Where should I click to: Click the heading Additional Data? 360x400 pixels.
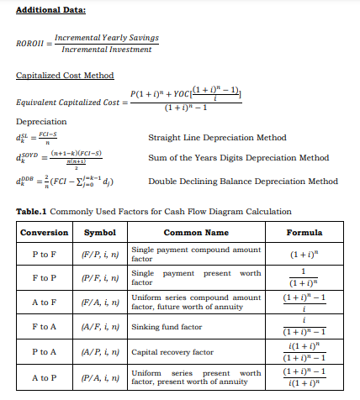[x=50, y=10]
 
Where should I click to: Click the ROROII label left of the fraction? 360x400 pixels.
[x=30, y=45]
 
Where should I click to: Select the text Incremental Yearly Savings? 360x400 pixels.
[x=106, y=39]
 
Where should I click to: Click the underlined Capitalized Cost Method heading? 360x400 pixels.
[x=65, y=76]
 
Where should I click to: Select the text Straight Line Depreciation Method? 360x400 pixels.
[x=216, y=137]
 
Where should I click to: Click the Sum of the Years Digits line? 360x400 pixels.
[x=238, y=157]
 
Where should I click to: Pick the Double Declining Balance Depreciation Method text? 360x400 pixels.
[x=242, y=181]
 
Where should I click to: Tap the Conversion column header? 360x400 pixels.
[x=44, y=232]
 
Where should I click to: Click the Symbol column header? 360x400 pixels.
[x=101, y=232]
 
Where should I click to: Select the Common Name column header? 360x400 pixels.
[x=195, y=232]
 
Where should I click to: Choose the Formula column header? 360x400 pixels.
[x=304, y=232]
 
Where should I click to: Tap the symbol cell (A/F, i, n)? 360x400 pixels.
[x=101, y=326]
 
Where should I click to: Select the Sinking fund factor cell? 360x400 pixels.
[x=167, y=326]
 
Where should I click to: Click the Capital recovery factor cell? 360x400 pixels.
[x=172, y=353]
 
